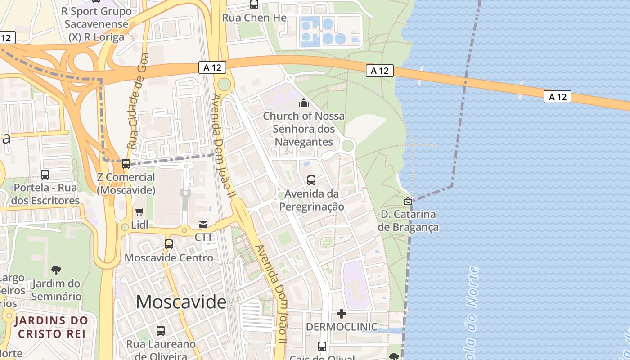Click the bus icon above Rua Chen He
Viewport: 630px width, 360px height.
click(x=254, y=5)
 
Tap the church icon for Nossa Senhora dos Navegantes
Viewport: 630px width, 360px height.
click(x=304, y=103)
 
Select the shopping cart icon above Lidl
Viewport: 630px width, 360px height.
click(x=139, y=211)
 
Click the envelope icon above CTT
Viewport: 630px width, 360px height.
click(x=203, y=224)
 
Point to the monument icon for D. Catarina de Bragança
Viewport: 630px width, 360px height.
click(x=408, y=201)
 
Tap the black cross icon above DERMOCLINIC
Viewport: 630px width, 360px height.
click(x=342, y=313)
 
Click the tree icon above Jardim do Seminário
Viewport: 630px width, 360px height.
click(x=56, y=270)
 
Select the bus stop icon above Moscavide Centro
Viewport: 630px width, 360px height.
click(x=169, y=244)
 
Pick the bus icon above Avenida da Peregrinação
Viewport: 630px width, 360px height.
click(x=311, y=180)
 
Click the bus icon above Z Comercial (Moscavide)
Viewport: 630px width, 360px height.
click(x=126, y=164)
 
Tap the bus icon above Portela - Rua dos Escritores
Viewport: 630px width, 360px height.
click(x=45, y=174)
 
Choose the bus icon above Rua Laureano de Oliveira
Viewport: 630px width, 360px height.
click(x=161, y=331)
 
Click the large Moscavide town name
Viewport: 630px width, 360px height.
click(x=181, y=301)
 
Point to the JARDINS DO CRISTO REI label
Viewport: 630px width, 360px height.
click(x=51, y=327)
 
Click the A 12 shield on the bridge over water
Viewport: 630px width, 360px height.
click(x=557, y=97)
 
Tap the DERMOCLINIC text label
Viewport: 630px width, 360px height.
click(x=342, y=327)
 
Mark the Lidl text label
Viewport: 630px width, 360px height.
click(x=139, y=225)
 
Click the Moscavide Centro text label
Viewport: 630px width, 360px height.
click(x=169, y=258)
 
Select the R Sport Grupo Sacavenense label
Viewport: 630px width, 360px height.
click(x=96, y=24)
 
